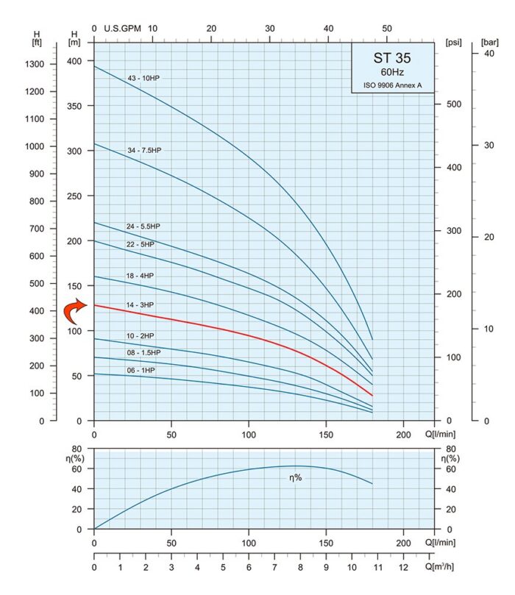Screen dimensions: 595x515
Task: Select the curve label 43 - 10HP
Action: [x=143, y=77]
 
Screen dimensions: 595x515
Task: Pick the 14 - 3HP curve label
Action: [x=141, y=304]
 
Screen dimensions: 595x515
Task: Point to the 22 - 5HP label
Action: [x=141, y=244]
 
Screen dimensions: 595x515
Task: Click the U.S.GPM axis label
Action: [x=122, y=29]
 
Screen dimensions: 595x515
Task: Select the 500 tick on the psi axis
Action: [x=453, y=104]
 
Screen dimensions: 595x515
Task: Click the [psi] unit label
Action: [x=453, y=42]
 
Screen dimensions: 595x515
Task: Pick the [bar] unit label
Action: [x=489, y=42]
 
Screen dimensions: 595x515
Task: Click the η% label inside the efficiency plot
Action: [x=296, y=478]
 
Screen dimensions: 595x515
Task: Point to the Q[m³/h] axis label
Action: [x=438, y=567]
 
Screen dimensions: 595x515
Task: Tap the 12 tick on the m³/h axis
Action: [x=402, y=568]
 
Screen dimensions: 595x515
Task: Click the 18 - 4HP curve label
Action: [x=141, y=275]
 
